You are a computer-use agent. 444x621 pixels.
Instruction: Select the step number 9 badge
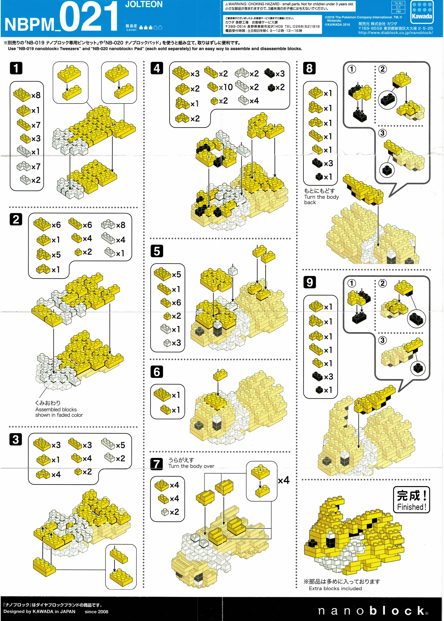point(310,282)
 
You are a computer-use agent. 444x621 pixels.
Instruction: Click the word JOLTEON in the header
point(144,4)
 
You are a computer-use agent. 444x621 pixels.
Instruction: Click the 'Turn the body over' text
point(191,466)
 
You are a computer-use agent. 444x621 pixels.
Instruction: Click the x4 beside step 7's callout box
point(284,480)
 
